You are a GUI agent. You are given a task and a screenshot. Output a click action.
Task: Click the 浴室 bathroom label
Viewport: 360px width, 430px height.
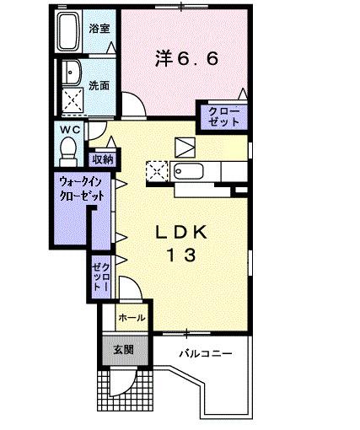click(100, 29)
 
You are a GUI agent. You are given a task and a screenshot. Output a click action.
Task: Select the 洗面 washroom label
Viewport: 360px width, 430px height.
click(100, 84)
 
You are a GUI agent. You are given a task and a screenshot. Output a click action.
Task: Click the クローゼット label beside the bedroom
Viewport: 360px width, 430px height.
click(223, 116)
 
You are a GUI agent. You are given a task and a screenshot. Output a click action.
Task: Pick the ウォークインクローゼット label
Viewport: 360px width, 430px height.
click(82, 186)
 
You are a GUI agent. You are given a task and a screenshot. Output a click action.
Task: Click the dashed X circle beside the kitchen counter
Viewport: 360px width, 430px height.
click(156, 172)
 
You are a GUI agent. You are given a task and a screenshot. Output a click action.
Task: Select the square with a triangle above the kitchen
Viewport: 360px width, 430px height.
click(185, 145)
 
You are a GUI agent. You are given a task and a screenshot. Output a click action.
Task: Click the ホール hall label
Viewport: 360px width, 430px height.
click(130, 318)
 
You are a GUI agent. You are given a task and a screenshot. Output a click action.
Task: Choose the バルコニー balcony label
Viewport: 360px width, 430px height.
click(206, 352)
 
